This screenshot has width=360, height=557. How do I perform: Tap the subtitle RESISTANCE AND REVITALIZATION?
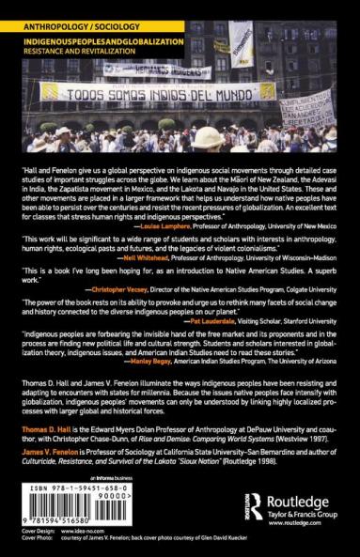point(66,39)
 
